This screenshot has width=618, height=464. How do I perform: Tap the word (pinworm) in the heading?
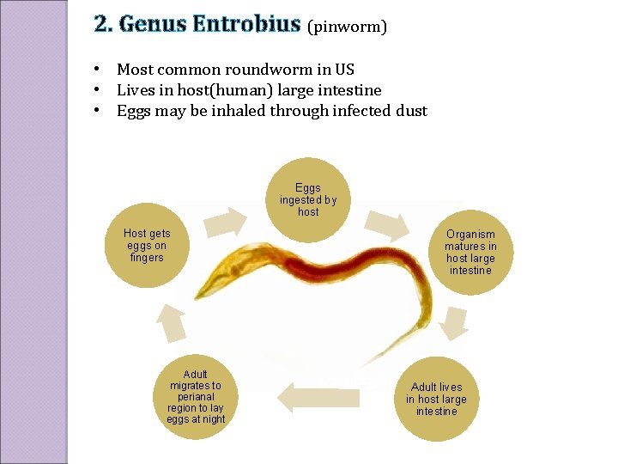tap(347, 27)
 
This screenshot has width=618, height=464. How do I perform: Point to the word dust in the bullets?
tap(410, 111)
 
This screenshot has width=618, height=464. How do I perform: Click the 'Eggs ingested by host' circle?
tap(308, 199)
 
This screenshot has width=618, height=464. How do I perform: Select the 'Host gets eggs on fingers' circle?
tap(147, 245)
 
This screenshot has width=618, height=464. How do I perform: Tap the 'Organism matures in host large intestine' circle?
tap(470, 252)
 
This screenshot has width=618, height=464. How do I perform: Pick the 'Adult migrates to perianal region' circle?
tap(196, 397)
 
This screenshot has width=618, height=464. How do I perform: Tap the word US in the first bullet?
tap(343, 70)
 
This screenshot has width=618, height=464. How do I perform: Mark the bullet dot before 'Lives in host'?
tap(99, 90)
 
